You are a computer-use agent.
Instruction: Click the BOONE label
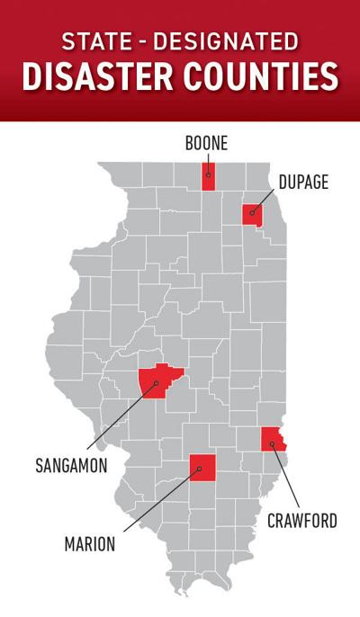click(x=206, y=142)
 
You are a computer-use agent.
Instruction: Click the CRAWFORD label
click(x=302, y=520)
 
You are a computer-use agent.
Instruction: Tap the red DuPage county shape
click(x=252, y=215)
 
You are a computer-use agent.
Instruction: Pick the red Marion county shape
click(x=202, y=468)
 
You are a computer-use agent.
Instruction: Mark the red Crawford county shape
click(x=273, y=440)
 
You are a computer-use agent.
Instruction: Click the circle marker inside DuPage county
click(x=253, y=215)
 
